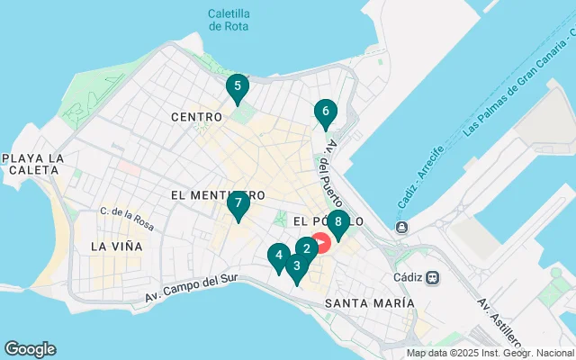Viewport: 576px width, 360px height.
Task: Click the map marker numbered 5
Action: point(237,87)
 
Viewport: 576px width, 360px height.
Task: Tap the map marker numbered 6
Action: point(325,113)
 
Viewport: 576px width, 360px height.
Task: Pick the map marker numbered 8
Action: point(338,221)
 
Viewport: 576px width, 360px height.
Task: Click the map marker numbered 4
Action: point(279,256)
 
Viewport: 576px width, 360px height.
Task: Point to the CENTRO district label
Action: point(195,117)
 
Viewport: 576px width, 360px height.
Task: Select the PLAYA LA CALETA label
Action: point(33,166)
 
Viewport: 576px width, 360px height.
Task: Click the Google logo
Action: point(30,349)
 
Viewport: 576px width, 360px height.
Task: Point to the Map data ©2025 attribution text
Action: point(490,353)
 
